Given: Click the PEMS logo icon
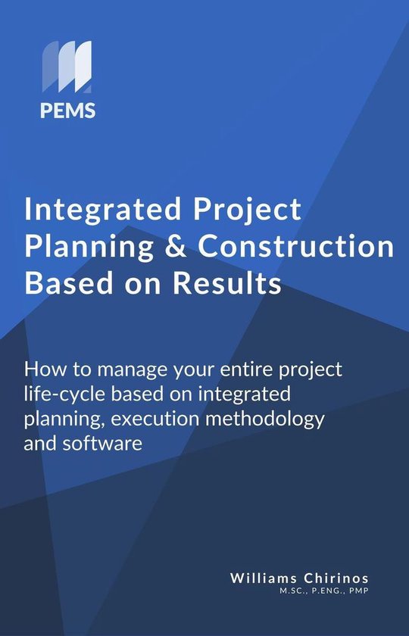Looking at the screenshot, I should [x=67, y=68].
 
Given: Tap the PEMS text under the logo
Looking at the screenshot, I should [x=67, y=111].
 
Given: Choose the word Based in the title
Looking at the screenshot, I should [x=61, y=285].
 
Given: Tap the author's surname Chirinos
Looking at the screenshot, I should [x=336, y=578].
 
